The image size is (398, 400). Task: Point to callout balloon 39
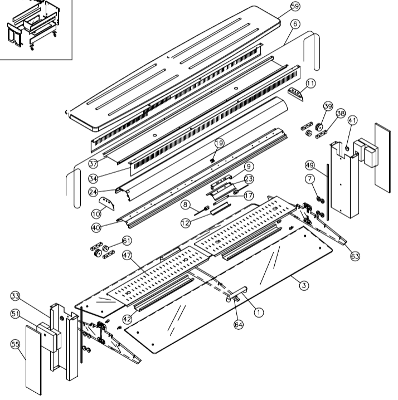[x=328, y=106]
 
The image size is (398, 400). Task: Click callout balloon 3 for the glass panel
[x=304, y=285]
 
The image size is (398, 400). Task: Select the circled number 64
[x=239, y=325]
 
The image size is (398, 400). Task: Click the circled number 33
[x=15, y=296]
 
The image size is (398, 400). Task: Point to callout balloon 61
[x=127, y=240]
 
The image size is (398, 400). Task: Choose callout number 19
[x=219, y=143]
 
